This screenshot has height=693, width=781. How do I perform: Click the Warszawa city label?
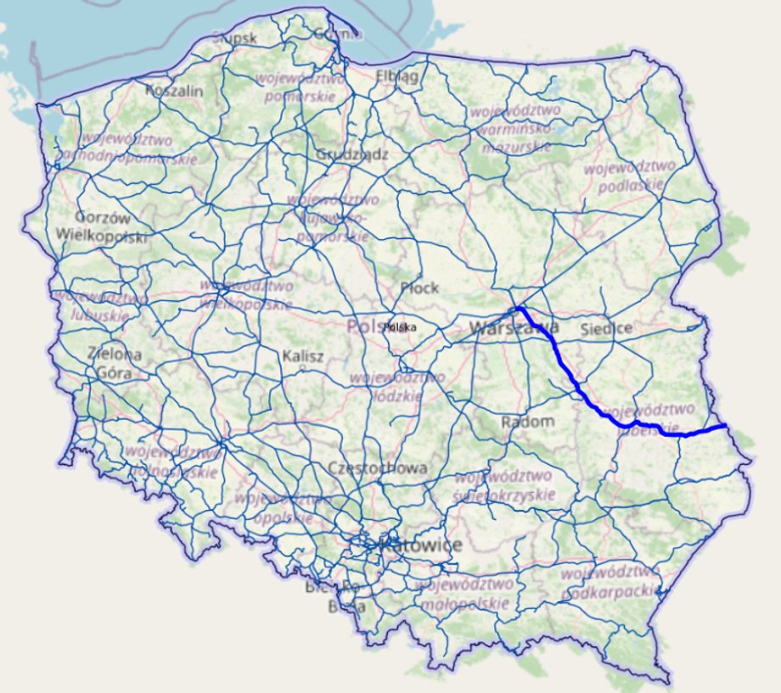514,327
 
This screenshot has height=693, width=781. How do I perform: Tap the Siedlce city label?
607,327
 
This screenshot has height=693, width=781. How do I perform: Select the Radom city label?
527,422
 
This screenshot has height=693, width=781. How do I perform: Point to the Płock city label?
419,288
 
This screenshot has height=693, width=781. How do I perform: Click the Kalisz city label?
304,356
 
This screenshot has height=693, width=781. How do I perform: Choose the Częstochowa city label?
378,468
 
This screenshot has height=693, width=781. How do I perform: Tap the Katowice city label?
421,545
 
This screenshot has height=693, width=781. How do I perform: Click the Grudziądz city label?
352,154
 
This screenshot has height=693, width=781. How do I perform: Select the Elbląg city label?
397,76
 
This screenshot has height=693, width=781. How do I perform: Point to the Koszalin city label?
174,90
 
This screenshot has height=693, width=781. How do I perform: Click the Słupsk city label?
228,37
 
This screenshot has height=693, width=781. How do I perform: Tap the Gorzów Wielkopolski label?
100,226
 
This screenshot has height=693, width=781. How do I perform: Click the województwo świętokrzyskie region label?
504,485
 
